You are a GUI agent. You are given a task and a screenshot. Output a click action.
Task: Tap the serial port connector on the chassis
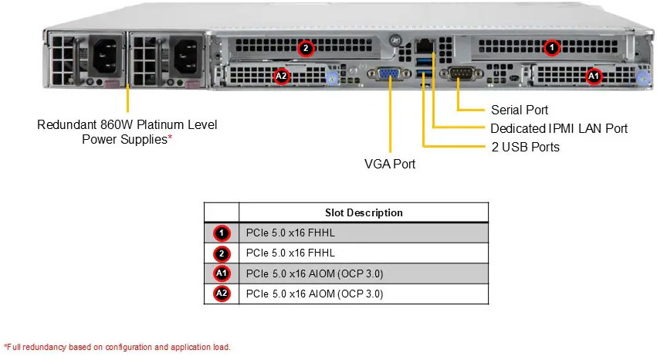[x=459, y=74]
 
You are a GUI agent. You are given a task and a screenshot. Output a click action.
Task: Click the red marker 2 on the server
[x=306, y=48]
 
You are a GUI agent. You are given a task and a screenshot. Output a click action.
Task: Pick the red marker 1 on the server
[x=552, y=48]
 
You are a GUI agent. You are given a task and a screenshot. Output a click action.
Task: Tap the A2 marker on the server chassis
[x=282, y=76]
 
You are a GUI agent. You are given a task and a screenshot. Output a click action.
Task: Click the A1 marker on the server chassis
[x=593, y=76]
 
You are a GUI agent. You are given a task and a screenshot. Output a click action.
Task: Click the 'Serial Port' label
[x=520, y=110]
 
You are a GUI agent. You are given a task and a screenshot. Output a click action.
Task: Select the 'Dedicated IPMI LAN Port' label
[x=559, y=128]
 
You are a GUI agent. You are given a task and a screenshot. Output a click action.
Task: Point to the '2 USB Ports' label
[x=525, y=147]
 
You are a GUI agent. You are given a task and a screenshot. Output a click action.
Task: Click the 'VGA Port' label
[x=389, y=164]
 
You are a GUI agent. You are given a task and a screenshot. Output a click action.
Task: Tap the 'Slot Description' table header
[x=364, y=212]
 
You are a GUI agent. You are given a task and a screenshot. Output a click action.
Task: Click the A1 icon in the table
[x=221, y=273]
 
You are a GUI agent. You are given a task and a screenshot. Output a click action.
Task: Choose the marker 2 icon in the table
[x=221, y=253]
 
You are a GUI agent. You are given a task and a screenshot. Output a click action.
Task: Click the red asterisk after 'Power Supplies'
[x=170, y=139]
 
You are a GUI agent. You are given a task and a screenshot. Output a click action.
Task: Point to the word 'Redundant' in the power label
[x=66, y=124]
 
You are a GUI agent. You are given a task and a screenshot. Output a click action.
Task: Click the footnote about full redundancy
[x=117, y=347]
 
